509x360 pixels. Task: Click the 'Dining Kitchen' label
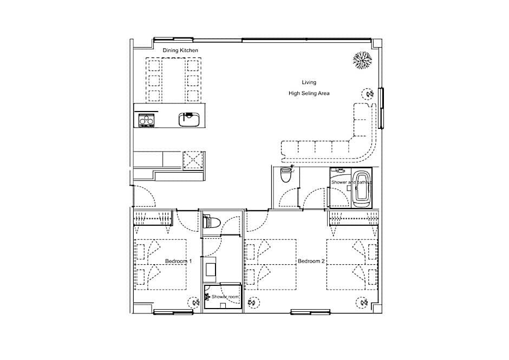(x=180, y=50)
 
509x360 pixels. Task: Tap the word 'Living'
(x=309, y=82)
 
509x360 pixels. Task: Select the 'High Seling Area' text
(x=309, y=94)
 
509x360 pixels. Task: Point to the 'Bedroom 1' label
(x=179, y=261)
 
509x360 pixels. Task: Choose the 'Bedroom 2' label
(x=311, y=261)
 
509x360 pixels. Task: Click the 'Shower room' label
(x=225, y=297)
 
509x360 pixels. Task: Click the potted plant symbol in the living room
(x=362, y=60)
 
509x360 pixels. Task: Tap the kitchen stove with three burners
(x=146, y=120)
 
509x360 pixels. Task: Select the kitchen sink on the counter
(x=189, y=119)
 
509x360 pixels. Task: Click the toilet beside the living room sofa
(x=286, y=175)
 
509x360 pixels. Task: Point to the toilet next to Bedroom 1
(x=211, y=222)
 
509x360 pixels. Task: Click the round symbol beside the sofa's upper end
(x=368, y=94)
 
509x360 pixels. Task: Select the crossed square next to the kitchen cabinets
(x=193, y=160)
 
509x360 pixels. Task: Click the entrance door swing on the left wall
(x=145, y=196)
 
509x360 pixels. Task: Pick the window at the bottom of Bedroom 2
(x=310, y=312)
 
